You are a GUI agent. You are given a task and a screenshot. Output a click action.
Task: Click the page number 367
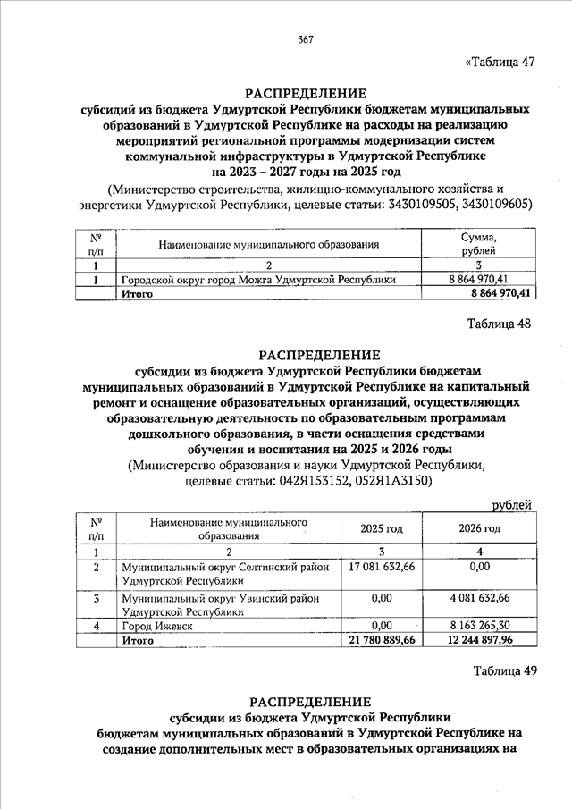pos(306,39)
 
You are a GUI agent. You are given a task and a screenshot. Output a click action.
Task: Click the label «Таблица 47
pos(500,63)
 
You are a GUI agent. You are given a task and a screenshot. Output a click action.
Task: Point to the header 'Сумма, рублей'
pos(477,244)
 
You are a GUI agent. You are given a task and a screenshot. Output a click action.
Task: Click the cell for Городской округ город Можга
pos(258,280)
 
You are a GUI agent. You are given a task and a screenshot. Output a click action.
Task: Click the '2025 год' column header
pos(382,528)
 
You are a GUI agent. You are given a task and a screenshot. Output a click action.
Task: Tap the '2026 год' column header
pos(480,528)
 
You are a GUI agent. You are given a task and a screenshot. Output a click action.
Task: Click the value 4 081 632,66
pos(480,598)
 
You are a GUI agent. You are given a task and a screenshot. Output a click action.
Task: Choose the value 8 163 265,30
pos(480,627)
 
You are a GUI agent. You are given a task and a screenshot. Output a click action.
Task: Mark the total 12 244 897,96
pos(480,640)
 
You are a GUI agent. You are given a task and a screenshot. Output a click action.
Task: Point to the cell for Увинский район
pos(220,604)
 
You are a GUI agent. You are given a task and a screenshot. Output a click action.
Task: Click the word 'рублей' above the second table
pos(512,505)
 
